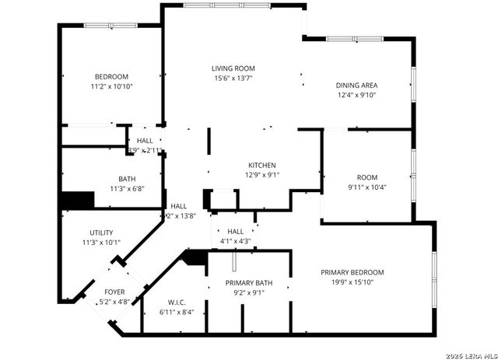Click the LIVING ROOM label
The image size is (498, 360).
click(x=233, y=68)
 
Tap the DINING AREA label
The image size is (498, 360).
click(x=356, y=86)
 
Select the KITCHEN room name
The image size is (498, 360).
click(x=262, y=165)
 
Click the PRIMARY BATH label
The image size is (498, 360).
click(x=245, y=282)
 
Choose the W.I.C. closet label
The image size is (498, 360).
click(x=176, y=302)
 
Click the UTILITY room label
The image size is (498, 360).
click(x=101, y=232)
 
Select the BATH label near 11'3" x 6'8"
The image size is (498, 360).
click(x=127, y=178)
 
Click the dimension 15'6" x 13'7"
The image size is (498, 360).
click(x=233, y=78)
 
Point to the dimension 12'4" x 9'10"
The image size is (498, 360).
click(x=356, y=95)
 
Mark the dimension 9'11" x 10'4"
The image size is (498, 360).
click(x=366, y=187)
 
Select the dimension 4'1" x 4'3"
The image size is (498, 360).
click(x=235, y=241)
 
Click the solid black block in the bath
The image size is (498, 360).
click(x=77, y=200)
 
